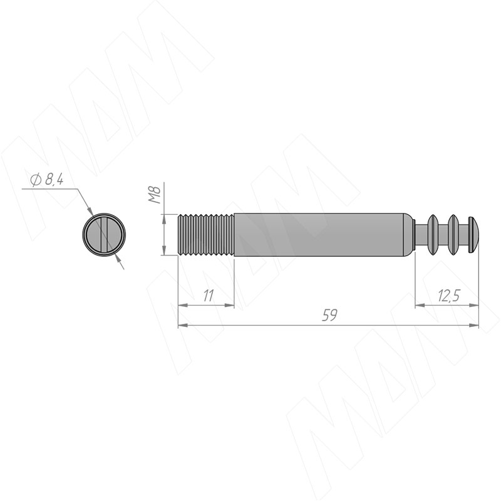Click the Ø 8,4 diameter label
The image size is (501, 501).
47,180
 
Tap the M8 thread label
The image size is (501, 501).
155,195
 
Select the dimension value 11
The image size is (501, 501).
209,296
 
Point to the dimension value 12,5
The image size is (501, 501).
448,296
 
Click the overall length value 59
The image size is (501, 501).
329,316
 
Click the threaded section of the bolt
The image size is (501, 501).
206,235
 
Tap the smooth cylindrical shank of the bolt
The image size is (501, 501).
323,235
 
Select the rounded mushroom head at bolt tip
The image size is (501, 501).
473,235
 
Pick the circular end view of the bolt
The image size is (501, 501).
104,235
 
